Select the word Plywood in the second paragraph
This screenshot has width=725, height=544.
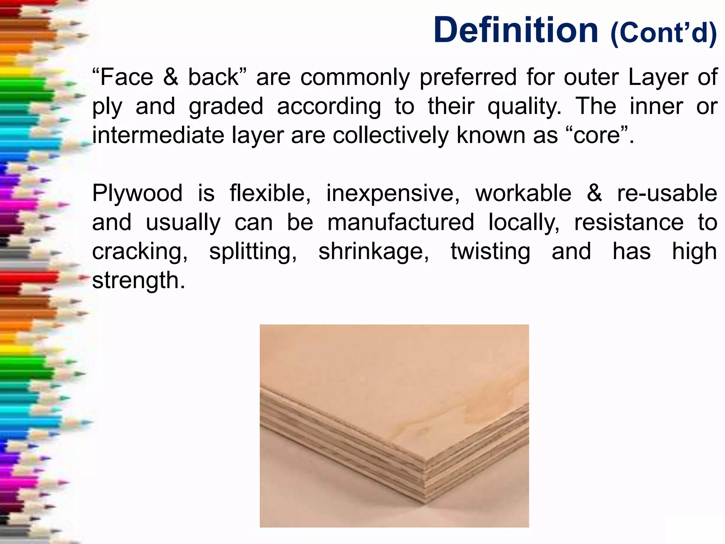(137, 193)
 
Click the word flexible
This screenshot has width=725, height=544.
(270, 193)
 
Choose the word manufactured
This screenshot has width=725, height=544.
(401, 222)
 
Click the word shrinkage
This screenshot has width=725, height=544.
(373, 251)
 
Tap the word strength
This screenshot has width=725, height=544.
(138, 280)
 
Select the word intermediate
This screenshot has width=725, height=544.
(158, 135)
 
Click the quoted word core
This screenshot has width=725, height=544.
(597, 135)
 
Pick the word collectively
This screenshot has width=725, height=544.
(391, 135)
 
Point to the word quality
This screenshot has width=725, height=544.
(524, 106)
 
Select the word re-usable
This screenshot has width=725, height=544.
(667, 193)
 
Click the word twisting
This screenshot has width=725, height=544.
(491, 251)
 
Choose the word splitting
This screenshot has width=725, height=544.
(253, 251)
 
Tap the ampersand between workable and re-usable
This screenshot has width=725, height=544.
(594, 193)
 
